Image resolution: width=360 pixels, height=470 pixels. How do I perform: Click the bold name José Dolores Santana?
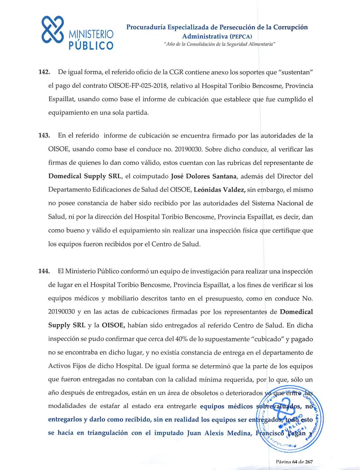click(x=204, y=176)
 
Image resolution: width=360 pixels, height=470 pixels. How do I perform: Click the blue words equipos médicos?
click(x=226, y=406)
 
